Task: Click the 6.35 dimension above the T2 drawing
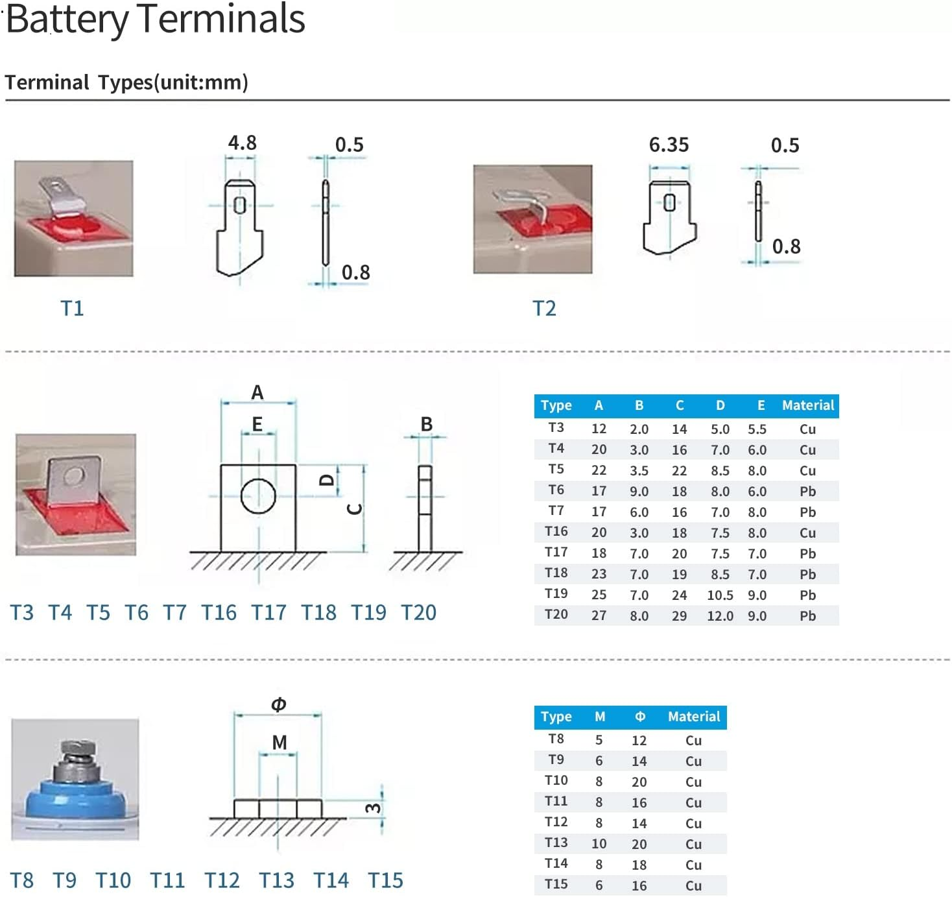[669, 145]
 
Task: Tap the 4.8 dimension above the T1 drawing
[242, 143]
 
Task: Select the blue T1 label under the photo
[73, 308]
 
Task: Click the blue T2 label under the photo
[545, 308]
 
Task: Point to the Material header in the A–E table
[808, 405]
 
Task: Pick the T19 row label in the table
[556, 593]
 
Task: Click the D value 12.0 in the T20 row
[720, 616]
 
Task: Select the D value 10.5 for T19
[720, 595]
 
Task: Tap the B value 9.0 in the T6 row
[639, 492]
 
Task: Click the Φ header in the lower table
[640, 716]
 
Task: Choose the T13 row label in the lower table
[556, 843]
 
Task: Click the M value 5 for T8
[599, 740]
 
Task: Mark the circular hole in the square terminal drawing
[258, 479]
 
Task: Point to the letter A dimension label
[257, 392]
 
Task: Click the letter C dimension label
[354, 508]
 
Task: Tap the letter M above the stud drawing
[280, 743]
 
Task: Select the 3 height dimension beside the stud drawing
[373, 808]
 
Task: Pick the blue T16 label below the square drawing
[219, 612]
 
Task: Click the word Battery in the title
[67, 20]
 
